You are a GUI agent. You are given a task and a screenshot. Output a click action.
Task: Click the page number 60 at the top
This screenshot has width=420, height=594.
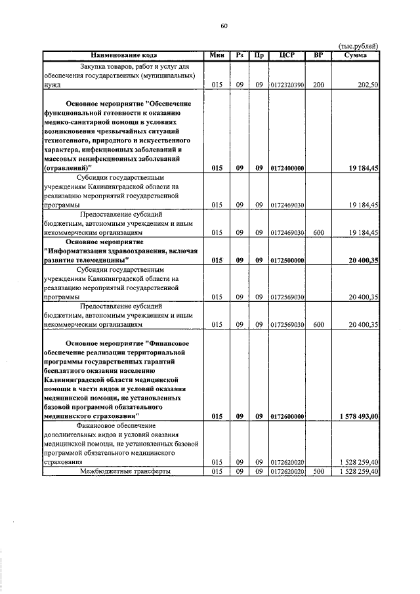pos(224,26)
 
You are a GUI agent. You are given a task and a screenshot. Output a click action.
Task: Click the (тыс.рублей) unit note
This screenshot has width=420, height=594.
pos(358,45)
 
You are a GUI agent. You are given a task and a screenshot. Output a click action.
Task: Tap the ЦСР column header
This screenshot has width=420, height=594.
pos(286,55)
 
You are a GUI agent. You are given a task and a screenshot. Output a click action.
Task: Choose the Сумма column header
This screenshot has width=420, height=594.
pos(355,55)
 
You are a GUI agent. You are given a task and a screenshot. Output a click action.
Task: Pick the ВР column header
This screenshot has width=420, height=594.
pos(318,55)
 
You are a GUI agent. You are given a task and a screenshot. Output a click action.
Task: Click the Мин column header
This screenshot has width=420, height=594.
pos(217,55)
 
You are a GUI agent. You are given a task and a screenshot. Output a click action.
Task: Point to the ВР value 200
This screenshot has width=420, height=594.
pos(318,85)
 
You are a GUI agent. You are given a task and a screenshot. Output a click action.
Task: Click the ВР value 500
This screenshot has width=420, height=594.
pos(318,471)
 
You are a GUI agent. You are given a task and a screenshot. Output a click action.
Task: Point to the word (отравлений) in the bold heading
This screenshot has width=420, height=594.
pos(68,168)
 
